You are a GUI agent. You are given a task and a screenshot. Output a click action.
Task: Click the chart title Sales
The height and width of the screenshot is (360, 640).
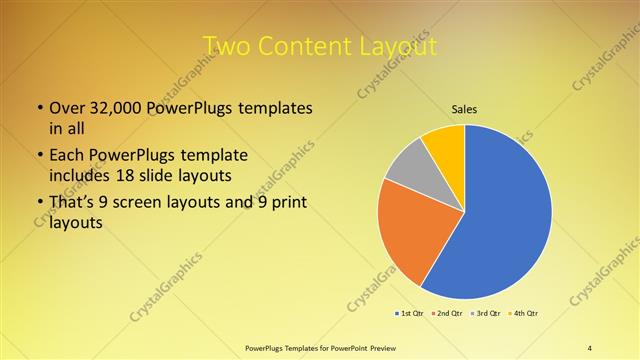pyautogui.click(x=465, y=108)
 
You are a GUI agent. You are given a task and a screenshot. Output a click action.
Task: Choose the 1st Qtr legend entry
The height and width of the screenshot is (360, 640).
pyautogui.click(x=411, y=313)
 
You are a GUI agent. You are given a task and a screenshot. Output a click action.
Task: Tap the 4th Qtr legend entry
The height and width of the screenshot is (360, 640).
pyautogui.click(x=523, y=313)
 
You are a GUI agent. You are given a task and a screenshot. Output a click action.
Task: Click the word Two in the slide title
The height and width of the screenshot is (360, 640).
pyautogui.click(x=227, y=46)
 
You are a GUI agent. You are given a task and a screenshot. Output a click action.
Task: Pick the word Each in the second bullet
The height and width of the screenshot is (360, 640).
pyautogui.click(x=68, y=156)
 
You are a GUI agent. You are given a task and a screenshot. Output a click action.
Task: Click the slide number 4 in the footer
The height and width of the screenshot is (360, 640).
pyautogui.click(x=590, y=347)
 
